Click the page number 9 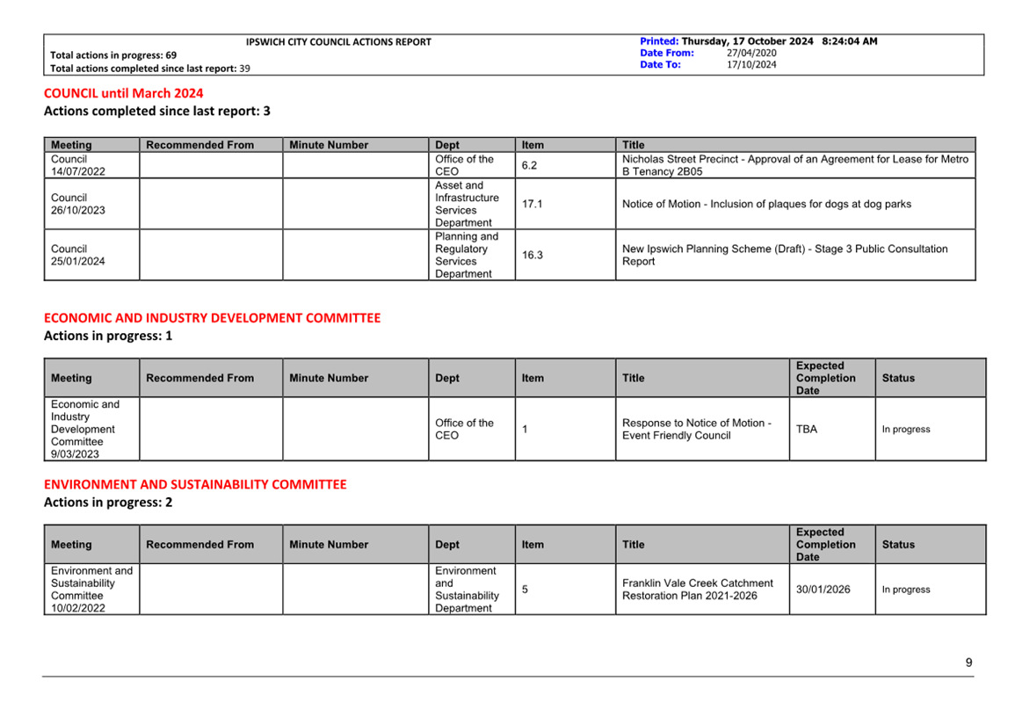968,663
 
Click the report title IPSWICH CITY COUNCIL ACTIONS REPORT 338,41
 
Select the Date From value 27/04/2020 751,53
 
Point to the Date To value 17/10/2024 751,64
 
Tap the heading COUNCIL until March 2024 124,93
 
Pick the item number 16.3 533,255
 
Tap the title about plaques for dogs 766,204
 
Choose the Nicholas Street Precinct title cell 794,165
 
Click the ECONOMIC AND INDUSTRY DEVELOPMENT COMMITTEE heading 213,318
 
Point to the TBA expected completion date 807,429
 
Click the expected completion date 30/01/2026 823,590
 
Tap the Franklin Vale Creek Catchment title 698,590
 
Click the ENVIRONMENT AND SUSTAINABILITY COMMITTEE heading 195,484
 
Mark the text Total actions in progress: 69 113,54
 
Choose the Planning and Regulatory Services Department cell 467,255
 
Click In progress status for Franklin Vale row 906,590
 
